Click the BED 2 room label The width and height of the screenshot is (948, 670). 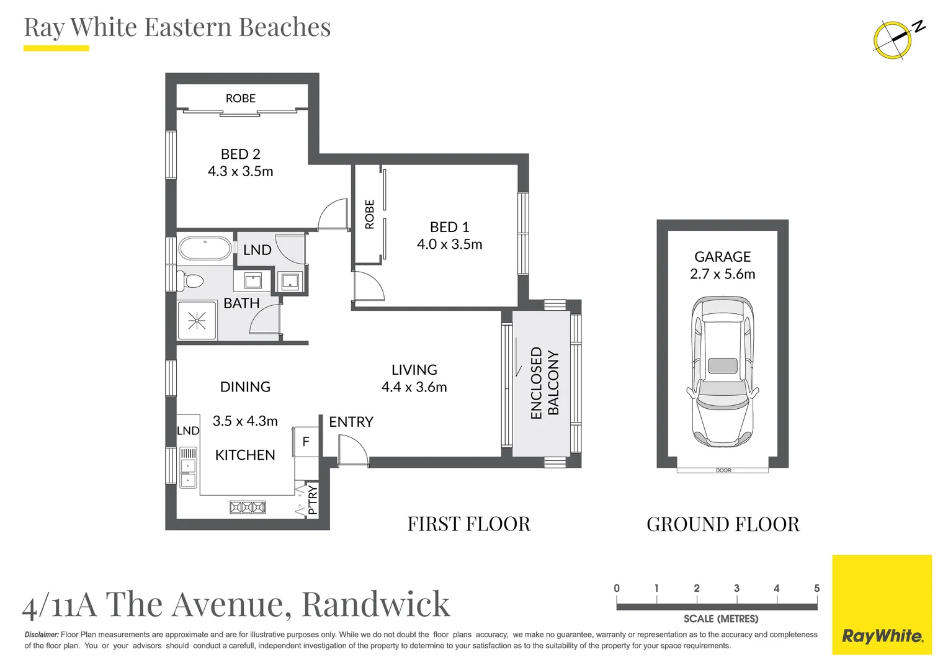click(240, 154)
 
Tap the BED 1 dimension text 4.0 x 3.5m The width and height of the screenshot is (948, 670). click(449, 244)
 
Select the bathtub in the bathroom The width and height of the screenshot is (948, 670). click(205, 249)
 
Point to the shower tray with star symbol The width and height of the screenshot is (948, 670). click(197, 321)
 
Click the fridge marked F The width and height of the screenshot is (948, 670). click(305, 442)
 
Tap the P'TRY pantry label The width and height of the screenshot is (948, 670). click(312, 500)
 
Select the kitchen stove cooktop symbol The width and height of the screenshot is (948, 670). click(248, 507)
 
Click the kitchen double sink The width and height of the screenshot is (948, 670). click(188, 472)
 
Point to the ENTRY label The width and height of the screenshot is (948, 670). click(351, 422)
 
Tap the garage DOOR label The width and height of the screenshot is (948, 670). click(723, 470)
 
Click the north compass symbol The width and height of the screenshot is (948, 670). click(893, 39)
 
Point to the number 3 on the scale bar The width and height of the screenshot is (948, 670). click(736, 588)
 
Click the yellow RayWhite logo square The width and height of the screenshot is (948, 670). click(882, 605)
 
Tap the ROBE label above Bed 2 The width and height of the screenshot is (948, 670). click(240, 99)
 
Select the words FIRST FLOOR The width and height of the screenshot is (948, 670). click(469, 524)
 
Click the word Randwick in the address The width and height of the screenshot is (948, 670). click(375, 604)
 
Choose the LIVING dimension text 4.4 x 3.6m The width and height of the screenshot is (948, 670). click(414, 387)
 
